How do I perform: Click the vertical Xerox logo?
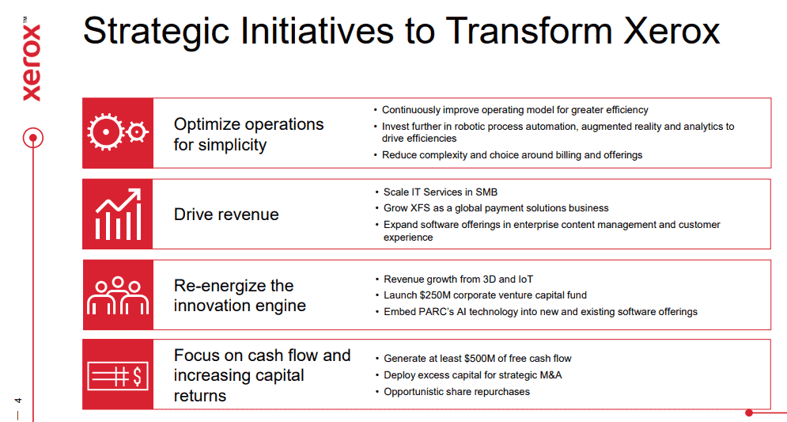(32, 59)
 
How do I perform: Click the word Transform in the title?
(529, 31)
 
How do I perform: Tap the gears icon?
(118, 132)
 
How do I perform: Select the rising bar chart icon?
(118, 214)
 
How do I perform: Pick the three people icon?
(118, 295)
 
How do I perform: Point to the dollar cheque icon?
(118, 376)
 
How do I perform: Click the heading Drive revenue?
(226, 215)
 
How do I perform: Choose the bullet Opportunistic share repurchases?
(456, 392)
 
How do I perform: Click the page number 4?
(18, 401)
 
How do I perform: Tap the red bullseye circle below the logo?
(33, 138)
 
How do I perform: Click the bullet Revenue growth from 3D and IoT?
(458, 279)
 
